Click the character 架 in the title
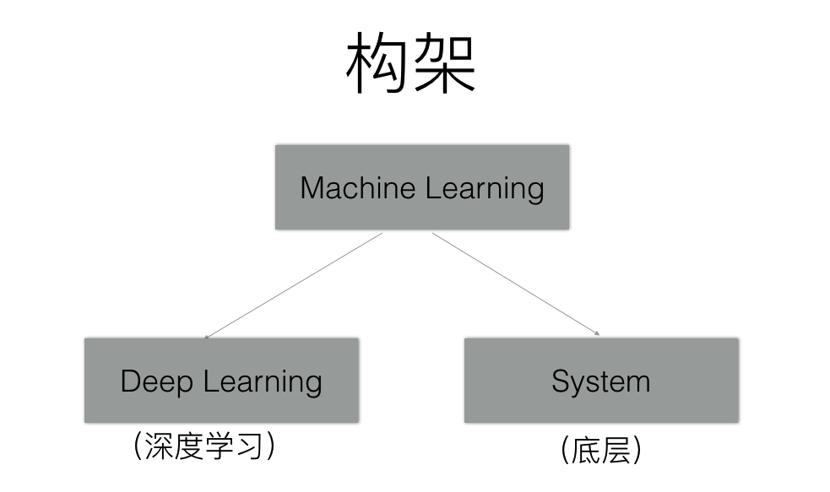pos(444,64)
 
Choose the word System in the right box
pos(601,382)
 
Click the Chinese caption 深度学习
pos(204,447)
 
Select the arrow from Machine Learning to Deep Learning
pos(294,285)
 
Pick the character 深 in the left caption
pos(159,447)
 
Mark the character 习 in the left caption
pos(250,447)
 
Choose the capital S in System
pos(561,381)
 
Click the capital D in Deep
pos(130,381)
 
